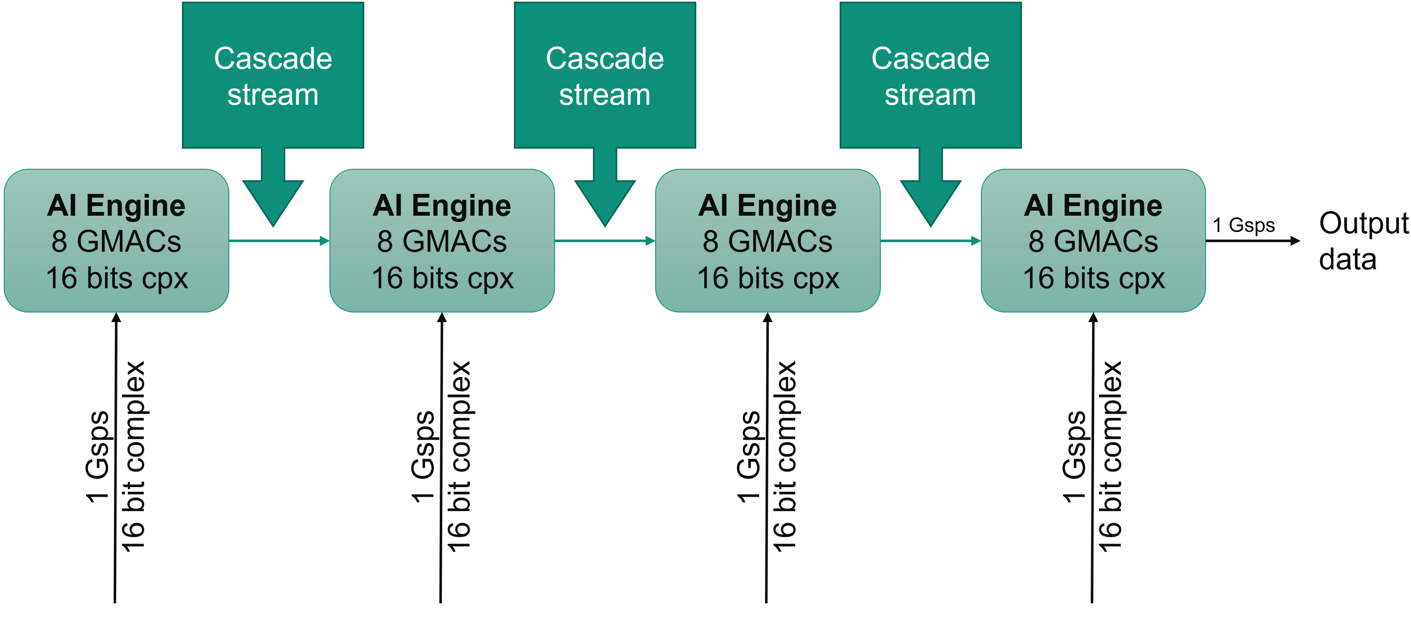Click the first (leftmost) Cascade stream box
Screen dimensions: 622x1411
(273, 75)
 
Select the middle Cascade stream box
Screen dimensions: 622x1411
(605, 75)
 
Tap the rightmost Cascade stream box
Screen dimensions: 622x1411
(930, 75)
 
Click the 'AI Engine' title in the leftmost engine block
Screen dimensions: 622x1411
(116, 206)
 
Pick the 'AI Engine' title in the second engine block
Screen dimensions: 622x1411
(441, 206)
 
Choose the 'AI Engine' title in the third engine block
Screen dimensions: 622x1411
(768, 206)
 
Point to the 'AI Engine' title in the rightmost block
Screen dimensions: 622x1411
(1093, 206)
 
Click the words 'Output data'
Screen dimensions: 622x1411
(1363, 241)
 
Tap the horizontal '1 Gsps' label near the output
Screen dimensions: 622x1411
(1243, 225)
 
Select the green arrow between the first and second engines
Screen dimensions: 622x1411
(279, 240)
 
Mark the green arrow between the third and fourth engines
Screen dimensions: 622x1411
(930, 240)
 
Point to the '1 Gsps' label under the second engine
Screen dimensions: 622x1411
(423, 456)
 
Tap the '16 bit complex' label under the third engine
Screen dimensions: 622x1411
(784, 456)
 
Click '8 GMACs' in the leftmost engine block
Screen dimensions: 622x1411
(116, 241)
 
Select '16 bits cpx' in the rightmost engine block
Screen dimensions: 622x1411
(1093, 278)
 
